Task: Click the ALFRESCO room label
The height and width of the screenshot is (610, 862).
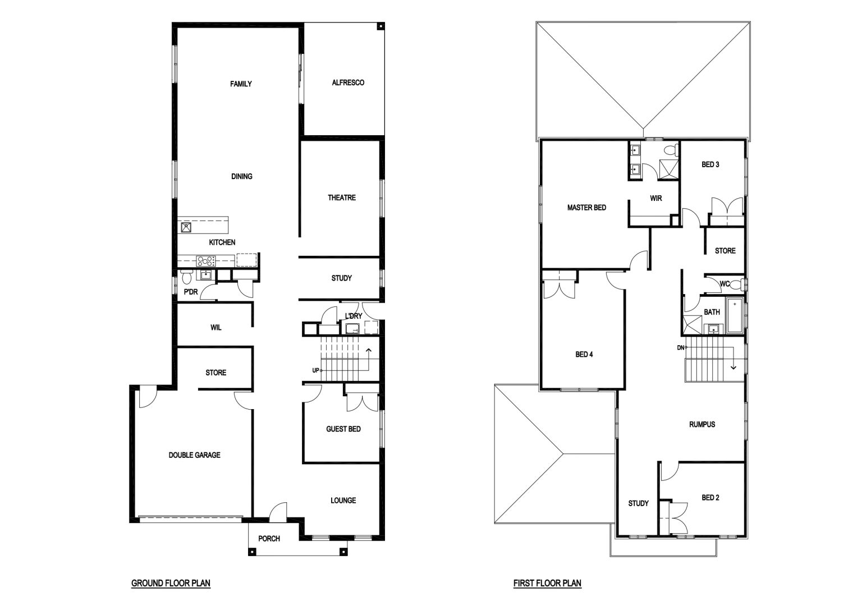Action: coord(348,82)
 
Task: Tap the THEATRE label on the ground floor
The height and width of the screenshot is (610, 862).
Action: coord(342,198)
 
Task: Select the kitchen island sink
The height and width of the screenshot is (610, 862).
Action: coord(186,227)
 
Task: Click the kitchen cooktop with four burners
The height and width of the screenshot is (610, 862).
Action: coord(207,262)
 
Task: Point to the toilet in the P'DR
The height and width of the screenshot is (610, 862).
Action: coord(187,277)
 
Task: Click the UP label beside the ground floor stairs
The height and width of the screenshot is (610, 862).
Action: coord(315,370)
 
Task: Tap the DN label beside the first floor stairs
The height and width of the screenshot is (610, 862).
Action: coord(680,347)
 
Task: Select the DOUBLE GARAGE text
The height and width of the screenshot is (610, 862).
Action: coord(194,455)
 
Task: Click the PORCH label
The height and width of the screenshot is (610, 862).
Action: coord(269,539)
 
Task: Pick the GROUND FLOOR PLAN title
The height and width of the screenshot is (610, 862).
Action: coord(171,583)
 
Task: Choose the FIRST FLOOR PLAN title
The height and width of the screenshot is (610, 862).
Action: coord(547,583)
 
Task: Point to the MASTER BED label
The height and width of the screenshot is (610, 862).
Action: coord(586,208)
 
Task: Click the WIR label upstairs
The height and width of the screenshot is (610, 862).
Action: coord(655,199)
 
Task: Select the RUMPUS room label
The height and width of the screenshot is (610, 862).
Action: coord(702,424)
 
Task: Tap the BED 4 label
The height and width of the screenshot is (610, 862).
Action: coord(584,355)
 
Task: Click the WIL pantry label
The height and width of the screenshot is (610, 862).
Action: coord(215,328)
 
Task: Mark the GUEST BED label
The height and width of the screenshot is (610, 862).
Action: coord(343,429)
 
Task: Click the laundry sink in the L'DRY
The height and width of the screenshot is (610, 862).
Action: coord(352,329)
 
